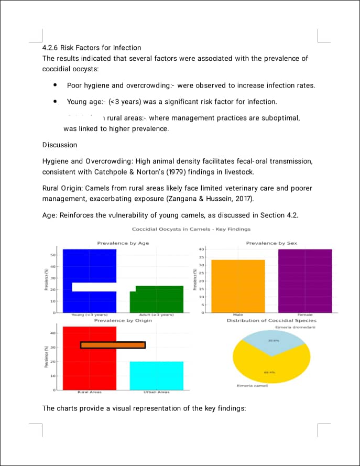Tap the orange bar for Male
(238, 286)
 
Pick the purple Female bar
(305, 280)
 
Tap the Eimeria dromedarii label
(296, 328)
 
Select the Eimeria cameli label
(253, 386)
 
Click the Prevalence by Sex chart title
(271, 243)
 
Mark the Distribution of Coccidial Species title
(271, 320)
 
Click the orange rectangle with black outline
(113, 345)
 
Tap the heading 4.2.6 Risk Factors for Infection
(91, 48)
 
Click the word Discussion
(59, 145)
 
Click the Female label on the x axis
(305, 315)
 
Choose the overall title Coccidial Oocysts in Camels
(191, 229)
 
